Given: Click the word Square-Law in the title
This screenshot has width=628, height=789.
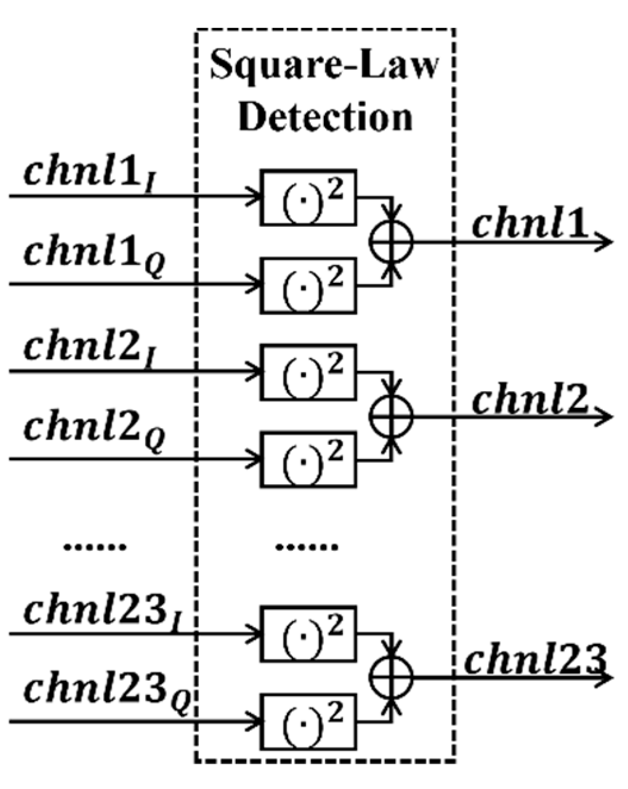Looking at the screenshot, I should point(324,66).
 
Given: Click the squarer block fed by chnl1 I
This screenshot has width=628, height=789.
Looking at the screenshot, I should point(308,197).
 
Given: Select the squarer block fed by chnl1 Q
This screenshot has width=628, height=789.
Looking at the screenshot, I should point(308,285).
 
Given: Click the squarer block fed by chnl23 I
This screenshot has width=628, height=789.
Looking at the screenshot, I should point(308,634).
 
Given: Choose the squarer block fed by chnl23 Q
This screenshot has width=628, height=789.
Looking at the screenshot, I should point(308,722).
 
